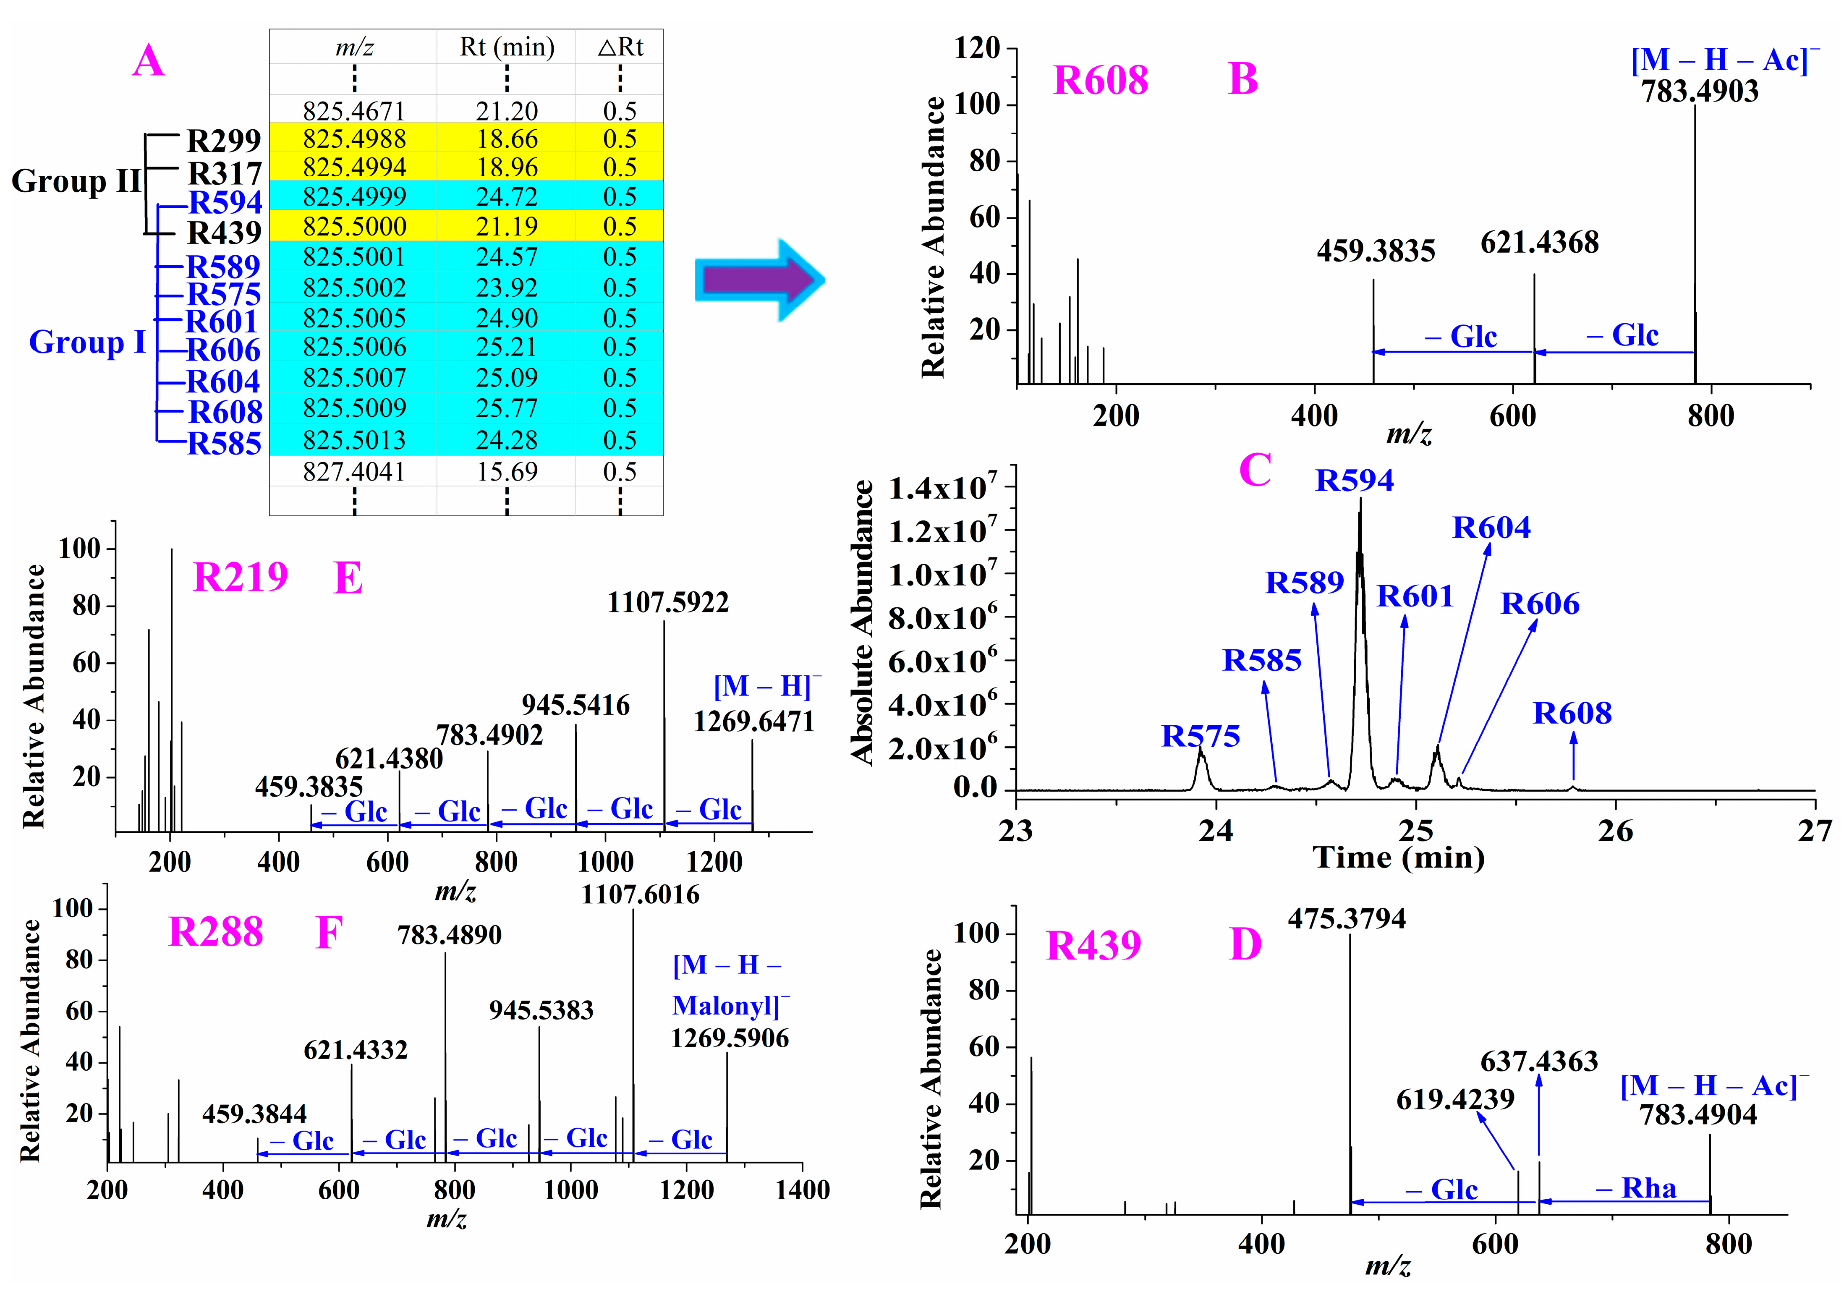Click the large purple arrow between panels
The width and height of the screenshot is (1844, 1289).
pyautogui.click(x=759, y=280)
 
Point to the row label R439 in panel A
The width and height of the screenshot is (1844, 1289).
pyautogui.click(x=224, y=233)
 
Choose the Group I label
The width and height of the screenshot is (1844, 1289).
pyautogui.click(x=87, y=342)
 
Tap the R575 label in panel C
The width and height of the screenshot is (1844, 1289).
pyautogui.click(x=1200, y=736)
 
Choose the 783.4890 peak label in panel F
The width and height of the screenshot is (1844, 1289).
pyautogui.click(x=449, y=935)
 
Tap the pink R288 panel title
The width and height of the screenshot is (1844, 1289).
pyautogui.click(x=215, y=932)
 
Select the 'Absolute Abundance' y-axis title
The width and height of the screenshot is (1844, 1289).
pyautogui.click(x=862, y=622)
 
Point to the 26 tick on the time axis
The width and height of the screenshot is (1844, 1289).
pyautogui.click(x=1614, y=831)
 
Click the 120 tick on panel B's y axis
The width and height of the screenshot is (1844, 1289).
pyautogui.click(x=976, y=48)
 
